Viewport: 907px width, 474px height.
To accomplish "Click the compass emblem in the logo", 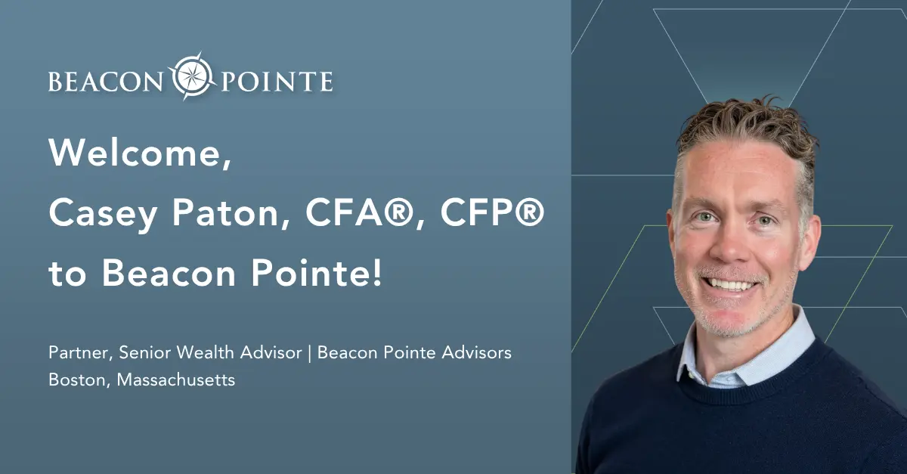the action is [x=192, y=76].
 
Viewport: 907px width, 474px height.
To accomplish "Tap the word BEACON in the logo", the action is [x=105, y=82].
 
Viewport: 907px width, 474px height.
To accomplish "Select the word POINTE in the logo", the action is [x=277, y=82].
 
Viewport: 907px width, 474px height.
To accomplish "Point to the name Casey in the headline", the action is [x=104, y=214].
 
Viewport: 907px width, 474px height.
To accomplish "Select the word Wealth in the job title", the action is [x=206, y=352].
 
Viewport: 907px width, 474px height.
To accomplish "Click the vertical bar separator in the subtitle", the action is [x=310, y=353].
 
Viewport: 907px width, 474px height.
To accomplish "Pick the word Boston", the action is [x=77, y=380].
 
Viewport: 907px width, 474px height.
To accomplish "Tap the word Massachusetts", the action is [x=175, y=380].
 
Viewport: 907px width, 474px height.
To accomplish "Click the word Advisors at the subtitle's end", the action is [x=477, y=352].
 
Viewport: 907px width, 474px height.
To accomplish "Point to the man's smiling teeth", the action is [x=730, y=285].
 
